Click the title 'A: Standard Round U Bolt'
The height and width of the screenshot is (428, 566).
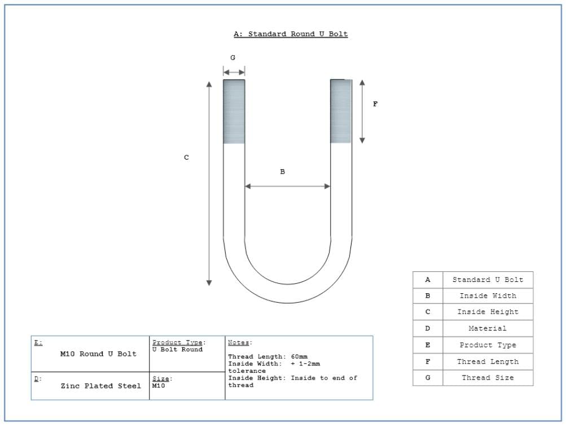291,34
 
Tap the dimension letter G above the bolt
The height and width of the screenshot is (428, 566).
233,58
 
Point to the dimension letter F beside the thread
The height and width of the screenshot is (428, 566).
375,104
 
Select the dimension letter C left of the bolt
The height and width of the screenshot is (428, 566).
186,157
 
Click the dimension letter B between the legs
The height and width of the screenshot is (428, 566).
282,171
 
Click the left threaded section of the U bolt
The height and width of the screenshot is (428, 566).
234,112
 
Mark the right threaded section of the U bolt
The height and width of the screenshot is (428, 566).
341,111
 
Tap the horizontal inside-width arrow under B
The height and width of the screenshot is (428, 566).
287,187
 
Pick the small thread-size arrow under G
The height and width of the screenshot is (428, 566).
234,72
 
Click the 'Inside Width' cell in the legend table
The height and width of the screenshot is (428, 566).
488,296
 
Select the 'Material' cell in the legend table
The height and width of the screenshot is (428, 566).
488,329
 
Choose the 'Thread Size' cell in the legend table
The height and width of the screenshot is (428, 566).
488,378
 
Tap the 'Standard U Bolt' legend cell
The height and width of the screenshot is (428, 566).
488,280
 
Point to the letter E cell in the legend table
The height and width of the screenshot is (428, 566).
428,345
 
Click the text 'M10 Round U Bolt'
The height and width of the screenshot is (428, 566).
98,354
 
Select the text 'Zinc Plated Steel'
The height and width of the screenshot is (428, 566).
100,386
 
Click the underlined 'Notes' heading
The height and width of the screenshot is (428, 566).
238,342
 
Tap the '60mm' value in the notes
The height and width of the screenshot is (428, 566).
299,356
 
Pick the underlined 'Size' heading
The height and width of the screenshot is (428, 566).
161,378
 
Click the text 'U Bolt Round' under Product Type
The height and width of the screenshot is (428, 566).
177,350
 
